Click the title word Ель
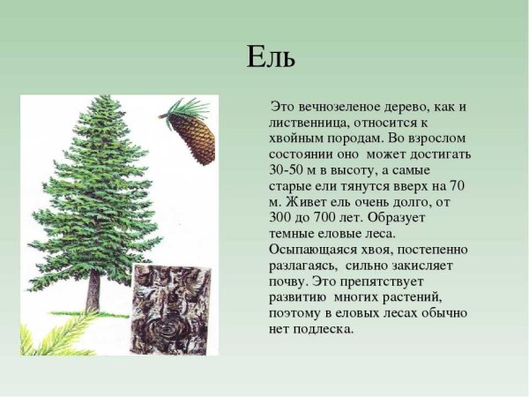coord(270,58)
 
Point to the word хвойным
coord(300,139)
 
